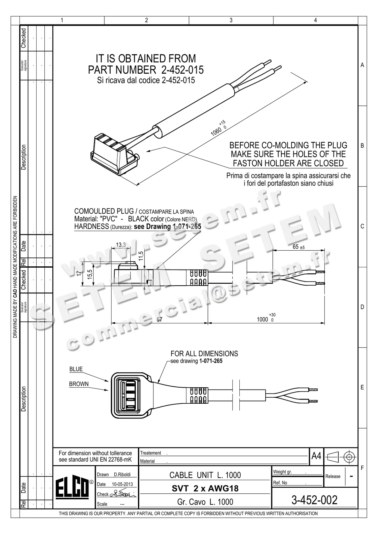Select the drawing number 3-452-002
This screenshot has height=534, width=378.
[x=314, y=500]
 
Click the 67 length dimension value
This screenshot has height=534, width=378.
[x=159, y=320]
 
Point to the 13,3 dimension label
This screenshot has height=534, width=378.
[x=121, y=245]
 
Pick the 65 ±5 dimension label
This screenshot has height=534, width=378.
[x=298, y=247]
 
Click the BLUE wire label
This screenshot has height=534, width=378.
[x=76, y=369]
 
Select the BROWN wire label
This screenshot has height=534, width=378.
[x=79, y=384]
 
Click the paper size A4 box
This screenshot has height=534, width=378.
[x=316, y=456]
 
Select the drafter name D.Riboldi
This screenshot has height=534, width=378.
[x=122, y=474]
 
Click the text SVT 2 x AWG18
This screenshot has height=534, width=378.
[x=205, y=488]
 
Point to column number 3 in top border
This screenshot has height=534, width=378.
[x=231, y=20]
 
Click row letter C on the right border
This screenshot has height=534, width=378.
[x=362, y=226]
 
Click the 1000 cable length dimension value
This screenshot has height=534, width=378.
[x=262, y=320]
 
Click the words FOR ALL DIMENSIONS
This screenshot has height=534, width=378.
[x=204, y=354]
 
